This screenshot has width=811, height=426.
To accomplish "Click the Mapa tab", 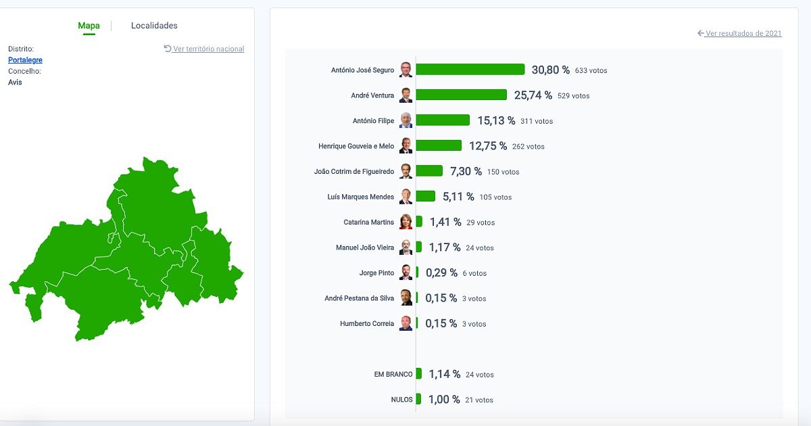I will [89, 26].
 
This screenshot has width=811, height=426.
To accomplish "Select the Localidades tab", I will [154, 26].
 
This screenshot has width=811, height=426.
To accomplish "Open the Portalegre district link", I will [25, 60].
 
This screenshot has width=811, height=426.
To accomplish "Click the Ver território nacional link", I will [204, 49].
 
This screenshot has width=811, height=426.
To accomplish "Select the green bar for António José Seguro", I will [470, 70].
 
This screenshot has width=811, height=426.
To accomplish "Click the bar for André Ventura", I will [462, 95].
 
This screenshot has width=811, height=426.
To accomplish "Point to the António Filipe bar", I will [443, 120].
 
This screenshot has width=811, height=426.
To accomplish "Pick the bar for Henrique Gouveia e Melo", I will [439, 145].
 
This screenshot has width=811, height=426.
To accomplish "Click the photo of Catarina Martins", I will [405, 222].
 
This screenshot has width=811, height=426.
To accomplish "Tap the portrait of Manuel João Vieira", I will [405, 247].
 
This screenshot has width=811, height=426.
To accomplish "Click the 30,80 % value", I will [550, 70].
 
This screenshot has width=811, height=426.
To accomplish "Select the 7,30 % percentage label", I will [466, 171].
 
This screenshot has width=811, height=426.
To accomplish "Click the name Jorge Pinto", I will [376, 273].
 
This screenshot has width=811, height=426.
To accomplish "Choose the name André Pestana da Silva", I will [359, 298].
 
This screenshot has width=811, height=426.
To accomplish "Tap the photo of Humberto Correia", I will [405, 323].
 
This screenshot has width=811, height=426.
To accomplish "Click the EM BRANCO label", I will [393, 375].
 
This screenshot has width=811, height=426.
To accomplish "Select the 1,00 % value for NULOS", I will [444, 400].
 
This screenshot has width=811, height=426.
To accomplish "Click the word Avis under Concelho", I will [15, 82].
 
